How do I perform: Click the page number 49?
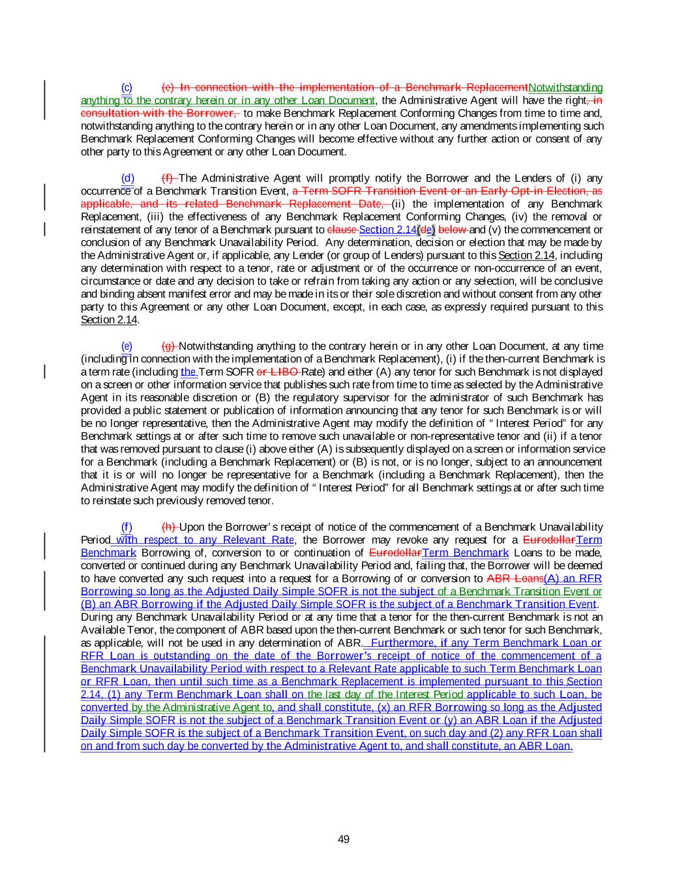point(344,839)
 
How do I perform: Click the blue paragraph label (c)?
point(127,87)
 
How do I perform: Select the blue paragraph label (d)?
point(127,178)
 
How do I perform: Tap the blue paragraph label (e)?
point(127,346)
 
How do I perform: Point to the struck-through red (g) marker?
point(168,346)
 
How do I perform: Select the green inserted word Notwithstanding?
point(565,87)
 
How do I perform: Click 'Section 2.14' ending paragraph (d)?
point(109,320)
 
